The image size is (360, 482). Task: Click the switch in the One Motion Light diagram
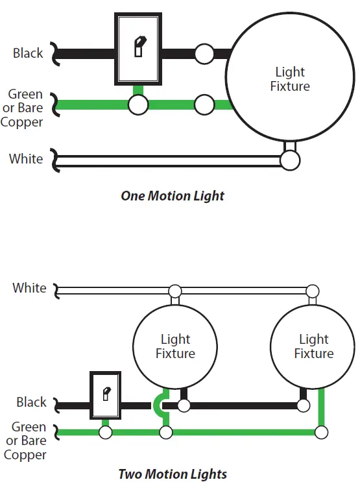coord(138,49)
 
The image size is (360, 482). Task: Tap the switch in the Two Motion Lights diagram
coord(106,395)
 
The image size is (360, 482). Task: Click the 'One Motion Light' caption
coord(173,196)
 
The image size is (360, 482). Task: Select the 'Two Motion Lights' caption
coord(173,474)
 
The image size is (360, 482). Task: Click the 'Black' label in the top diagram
coord(28,53)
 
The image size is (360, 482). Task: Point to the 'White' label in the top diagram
coord(26,159)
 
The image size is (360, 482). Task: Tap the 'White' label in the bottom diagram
coord(29,288)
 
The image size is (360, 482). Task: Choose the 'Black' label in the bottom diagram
coord(31,402)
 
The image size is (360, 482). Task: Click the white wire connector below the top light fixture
coord(290,160)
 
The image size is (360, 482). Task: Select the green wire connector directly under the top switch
coord(138,104)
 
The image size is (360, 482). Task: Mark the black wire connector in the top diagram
coord(204,54)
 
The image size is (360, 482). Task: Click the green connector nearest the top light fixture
coord(204,104)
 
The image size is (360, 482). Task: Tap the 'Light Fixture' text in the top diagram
coord(290,79)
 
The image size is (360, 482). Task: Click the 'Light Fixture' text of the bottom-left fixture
coord(175,346)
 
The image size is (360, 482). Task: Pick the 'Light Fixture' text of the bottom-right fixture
coord(314,346)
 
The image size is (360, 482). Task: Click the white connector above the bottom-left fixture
coord(175,291)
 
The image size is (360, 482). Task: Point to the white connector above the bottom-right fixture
coord(313,291)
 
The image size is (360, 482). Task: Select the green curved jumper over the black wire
coord(156,405)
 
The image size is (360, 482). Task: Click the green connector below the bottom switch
coord(106,433)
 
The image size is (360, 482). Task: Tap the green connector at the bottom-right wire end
coord(322,433)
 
